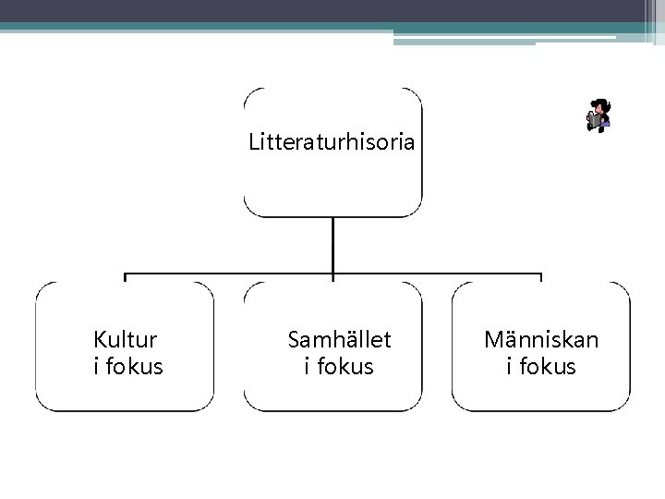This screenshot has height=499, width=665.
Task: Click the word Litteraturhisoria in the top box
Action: [332, 143]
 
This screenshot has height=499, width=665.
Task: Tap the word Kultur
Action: [125, 340]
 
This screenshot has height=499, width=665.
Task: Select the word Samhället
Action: [339, 340]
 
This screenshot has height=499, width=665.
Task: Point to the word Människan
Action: [541, 340]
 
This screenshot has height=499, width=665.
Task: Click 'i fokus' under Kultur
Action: [128, 367]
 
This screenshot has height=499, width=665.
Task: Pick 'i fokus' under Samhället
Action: [339, 367]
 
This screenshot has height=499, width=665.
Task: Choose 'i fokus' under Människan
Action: [541, 367]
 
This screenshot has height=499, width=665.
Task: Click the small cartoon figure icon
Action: [598, 116]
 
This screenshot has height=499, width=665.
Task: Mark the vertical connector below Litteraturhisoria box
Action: [332, 245]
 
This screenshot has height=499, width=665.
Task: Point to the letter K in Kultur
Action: [100, 340]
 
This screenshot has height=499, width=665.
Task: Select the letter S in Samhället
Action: [295, 340]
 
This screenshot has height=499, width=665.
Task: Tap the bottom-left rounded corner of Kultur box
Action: [42, 405]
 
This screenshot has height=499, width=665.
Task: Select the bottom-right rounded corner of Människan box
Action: [623, 405]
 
